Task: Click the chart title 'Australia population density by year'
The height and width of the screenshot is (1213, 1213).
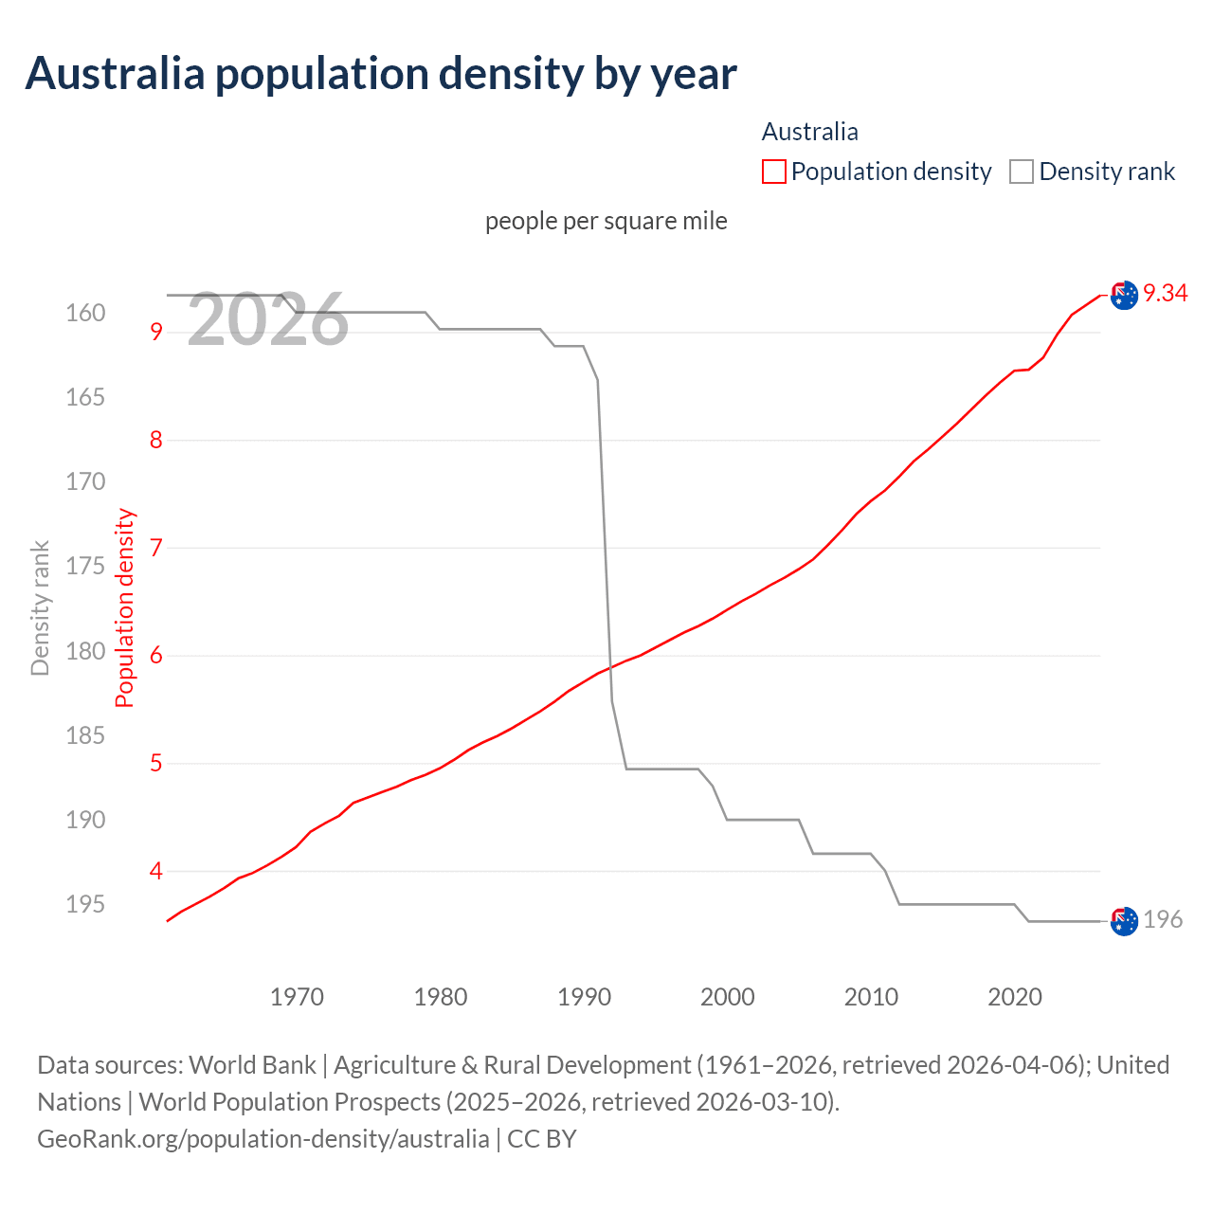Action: coord(381,74)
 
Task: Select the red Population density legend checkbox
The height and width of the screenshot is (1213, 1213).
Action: coord(774,172)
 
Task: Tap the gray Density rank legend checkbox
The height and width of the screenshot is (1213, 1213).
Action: coord(1021,172)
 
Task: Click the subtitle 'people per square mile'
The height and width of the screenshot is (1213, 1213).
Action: coord(606,221)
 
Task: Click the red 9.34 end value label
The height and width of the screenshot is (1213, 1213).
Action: coord(1165,294)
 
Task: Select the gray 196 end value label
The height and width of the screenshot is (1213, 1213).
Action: coord(1163,919)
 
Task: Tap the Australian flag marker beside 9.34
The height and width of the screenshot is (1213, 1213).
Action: coord(1124,296)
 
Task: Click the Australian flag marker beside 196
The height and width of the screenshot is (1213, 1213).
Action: coord(1124,921)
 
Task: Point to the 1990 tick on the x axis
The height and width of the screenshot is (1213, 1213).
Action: coord(585,997)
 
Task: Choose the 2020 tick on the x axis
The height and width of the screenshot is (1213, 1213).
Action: coord(1015,997)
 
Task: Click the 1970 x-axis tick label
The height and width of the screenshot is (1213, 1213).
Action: coord(297,997)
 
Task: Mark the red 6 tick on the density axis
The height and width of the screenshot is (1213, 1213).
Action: coord(156,656)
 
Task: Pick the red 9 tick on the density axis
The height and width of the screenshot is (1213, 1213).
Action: coord(156,332)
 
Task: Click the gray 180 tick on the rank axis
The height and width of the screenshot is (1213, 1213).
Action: coord(85,652)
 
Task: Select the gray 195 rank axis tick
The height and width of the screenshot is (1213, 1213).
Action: coord(85,905)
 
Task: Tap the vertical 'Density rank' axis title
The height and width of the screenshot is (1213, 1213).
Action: coord(40,608)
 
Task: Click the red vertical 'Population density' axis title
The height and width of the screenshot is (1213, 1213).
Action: coord(125,608)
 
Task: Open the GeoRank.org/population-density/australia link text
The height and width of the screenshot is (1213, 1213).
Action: coord(263,1138)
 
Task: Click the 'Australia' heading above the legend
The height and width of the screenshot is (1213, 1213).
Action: coord(810,132)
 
